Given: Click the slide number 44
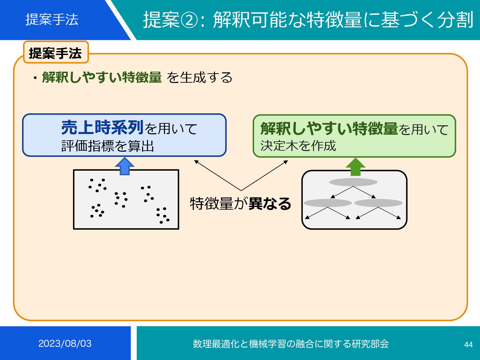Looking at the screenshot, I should click(x=468, y=344).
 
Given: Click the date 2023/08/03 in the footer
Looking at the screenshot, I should click(x=65, y=344).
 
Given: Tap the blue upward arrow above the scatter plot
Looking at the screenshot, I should click(x=124, y=166).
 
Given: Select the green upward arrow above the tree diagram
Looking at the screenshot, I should click(x=356, y=167).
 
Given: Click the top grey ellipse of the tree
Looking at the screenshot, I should click(x=353, y=182).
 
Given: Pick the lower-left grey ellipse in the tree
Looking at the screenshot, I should click(x=328, y=203).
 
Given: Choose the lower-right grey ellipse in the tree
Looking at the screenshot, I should click(x=378, y=203).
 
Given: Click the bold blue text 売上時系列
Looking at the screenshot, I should click(x=102, y=128).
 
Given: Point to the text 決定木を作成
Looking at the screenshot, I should click(x=298, y=146).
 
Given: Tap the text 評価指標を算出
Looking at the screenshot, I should click(x=108, y=146).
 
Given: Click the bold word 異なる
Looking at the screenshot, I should click(x=270, y=203).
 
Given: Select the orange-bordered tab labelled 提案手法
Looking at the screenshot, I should click(x=56, y=53).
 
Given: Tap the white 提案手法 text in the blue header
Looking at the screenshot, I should click(x=52, y=19).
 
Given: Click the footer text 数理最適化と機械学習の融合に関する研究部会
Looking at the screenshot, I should click(x=291, y=344).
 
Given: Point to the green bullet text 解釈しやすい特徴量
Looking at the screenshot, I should click(x=102, y=77).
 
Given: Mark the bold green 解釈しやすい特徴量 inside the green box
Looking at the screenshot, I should click(x=329, y=129).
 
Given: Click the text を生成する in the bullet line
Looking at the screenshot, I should click(x=199, y=78).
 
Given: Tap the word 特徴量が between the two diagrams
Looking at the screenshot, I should click(x=219, y=203).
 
